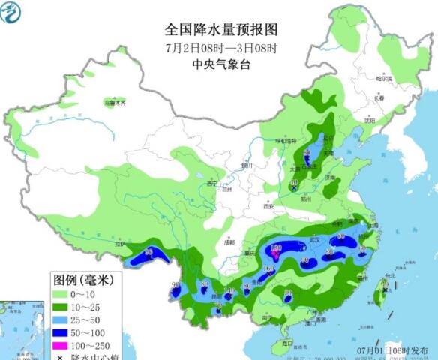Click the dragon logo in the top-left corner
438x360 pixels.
click(13, 13)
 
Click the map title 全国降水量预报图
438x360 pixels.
click(221, 30)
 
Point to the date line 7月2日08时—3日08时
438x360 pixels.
click(221, 48)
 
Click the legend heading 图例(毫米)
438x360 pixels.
click(82, 280)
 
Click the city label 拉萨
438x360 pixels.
click(120, 244)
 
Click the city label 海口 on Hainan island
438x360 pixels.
click(286, 341)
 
